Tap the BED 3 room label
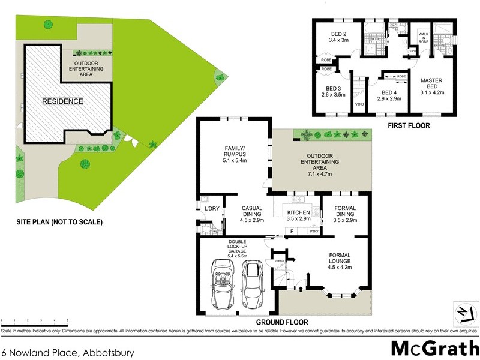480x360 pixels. tap(330, 91)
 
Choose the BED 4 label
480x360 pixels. tap(388, 96)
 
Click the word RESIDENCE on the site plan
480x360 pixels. tap(62, 101)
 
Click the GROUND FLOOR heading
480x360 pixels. tap(278, 322)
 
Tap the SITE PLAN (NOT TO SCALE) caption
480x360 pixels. tap(59, 222)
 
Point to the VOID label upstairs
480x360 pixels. tap(359, 104)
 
